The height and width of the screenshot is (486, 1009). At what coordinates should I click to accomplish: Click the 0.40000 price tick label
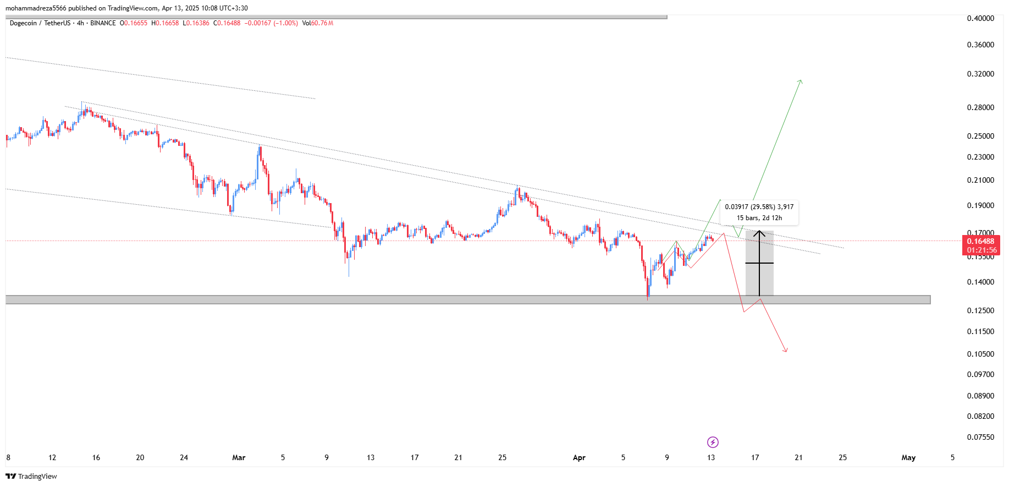980,18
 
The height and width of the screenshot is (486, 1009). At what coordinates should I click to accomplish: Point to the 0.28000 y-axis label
980,107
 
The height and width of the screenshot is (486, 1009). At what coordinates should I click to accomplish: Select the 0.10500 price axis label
980,354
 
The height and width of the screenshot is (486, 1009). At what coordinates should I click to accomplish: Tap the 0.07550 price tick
980,437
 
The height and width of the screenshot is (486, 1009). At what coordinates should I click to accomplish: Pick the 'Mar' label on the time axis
239,457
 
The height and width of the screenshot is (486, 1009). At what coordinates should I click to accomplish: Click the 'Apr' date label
579,457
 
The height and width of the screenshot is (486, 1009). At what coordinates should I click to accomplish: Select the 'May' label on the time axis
908,457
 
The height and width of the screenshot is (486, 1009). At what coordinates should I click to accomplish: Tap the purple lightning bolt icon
713,442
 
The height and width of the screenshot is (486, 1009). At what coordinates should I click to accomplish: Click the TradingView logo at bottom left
31,476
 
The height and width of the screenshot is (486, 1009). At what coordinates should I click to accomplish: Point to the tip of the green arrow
801,81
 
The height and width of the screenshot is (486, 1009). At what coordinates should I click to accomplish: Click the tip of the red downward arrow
786,351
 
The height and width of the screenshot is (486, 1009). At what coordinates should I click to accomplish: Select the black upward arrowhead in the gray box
759,233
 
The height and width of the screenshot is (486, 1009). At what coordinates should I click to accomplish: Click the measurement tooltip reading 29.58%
759,212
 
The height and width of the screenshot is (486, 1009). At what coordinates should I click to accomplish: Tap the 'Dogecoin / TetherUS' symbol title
40,23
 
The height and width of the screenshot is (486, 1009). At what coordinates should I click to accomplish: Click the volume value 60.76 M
322,23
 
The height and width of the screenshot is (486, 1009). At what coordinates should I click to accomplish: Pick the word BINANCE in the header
103,23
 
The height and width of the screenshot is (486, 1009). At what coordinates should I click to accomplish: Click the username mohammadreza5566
36,8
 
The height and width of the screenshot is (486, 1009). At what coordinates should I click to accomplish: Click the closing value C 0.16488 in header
227,23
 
